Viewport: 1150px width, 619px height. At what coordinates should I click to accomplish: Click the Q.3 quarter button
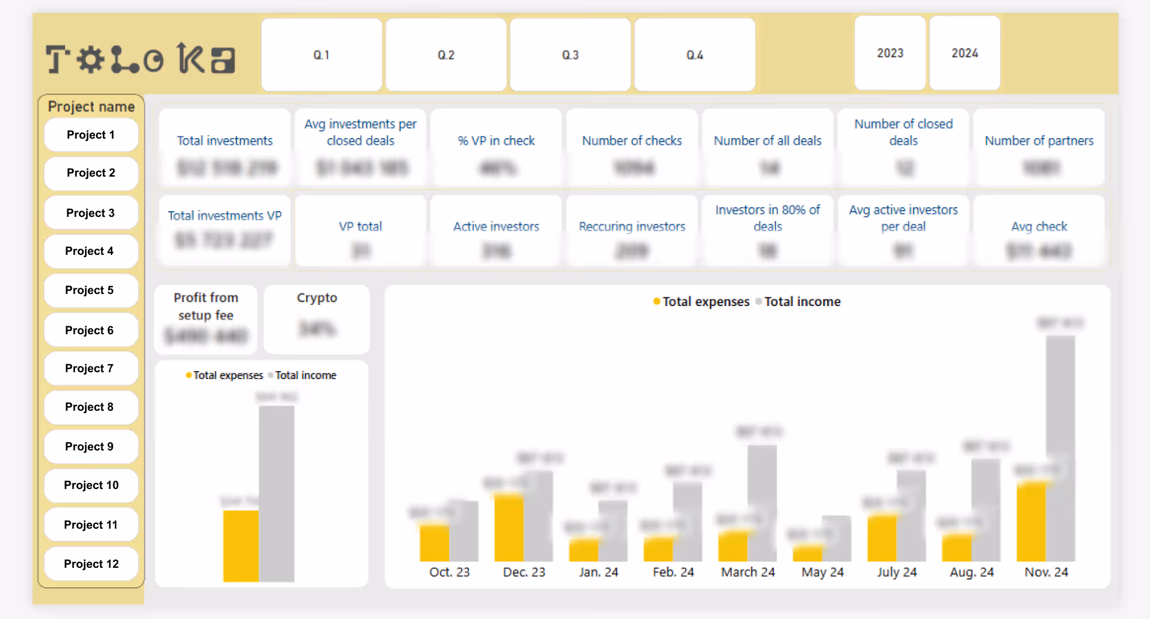click(x=570, y=55)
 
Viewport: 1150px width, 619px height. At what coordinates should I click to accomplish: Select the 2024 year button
click(x=964, y=53)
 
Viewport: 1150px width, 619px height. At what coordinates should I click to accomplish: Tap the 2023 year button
click(x=889, y=53)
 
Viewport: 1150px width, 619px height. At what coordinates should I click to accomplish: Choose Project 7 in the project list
click(x=90, y=368)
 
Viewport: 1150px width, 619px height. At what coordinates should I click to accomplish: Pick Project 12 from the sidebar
click(x=91, y=564)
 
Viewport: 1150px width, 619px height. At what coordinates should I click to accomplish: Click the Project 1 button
click(x=91, y=135)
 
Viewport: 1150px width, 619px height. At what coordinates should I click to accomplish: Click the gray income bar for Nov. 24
click(x=1060, y=449)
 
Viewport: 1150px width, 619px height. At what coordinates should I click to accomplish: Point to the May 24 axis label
click(x=822, y=572)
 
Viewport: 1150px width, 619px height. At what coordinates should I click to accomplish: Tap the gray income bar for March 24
click(x=762, y=503)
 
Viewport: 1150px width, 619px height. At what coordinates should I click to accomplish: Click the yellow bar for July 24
click(x=881, y=538)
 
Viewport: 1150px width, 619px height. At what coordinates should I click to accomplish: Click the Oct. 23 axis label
click(x=449, y=572)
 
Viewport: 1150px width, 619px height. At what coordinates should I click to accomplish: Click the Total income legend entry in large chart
click(x=801, y=301)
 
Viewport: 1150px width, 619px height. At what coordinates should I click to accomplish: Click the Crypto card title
click(x=317, y=297)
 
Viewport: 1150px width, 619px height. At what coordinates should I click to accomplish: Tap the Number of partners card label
click(x=1038, y=140)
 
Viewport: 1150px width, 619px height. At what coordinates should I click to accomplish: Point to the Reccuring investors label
click(x=632, y=226)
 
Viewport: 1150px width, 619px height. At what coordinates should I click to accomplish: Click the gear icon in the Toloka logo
click(x=90, y=59)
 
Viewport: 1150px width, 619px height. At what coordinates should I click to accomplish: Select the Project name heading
click(x=91, y=106)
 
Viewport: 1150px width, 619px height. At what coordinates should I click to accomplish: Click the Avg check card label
click(x=1038, y=226)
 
